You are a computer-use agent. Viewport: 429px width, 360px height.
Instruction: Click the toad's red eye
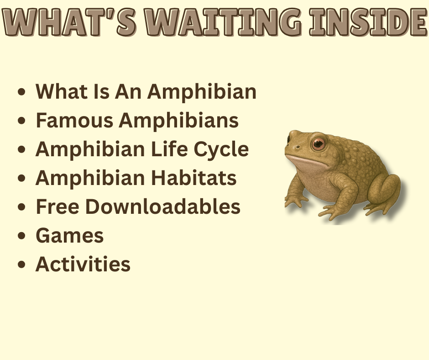tap(318, 144)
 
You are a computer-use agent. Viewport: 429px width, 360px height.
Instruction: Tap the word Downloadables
tap(163, 207)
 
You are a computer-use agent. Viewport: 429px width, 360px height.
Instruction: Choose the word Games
tap(69, 236)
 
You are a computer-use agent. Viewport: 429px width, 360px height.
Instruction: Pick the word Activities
tap(83, 265)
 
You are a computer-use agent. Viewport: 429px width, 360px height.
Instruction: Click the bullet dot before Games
tap(21, 237)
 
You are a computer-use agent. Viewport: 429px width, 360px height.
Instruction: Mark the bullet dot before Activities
tap(21, 265)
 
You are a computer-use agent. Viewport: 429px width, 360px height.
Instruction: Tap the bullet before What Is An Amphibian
tap(21, 93)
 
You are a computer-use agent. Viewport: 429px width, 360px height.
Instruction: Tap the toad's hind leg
tap(386, 190)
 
